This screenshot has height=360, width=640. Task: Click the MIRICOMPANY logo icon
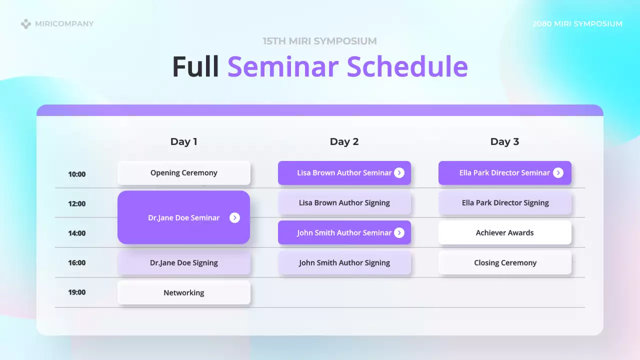click(x=26, y=23)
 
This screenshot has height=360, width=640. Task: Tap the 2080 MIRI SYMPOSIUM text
click(x=577, y=23)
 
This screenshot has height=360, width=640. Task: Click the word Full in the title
click(x=195, y=66)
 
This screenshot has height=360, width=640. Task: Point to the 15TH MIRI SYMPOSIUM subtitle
click(x=319, y=41)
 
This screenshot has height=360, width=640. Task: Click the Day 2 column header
click(x=344, y=141)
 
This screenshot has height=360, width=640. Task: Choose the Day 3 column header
click(x=504, y=141)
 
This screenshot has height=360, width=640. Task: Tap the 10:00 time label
click(x=77, y=174)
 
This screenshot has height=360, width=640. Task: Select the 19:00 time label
click(x=77, y=292)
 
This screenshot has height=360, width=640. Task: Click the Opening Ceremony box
click(x=183, y=173)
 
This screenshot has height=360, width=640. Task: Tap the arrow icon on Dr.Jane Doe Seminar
click(x=234, y=217)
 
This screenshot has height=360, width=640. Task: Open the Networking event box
click(x=183, y=292)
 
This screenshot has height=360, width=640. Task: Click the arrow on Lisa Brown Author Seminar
click(x=399, y=173)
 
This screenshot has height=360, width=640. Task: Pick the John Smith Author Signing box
click(x=344, y=263)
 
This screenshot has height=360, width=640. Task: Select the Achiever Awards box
click(x=504, y=233)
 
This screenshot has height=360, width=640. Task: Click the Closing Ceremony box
click(x=504, y=263)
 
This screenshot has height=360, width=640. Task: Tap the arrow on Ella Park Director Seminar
click(x=558, y=173)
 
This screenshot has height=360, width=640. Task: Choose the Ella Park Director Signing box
click(x=504, y=203)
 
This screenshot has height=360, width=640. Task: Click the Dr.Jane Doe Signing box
click(x=183, y=263)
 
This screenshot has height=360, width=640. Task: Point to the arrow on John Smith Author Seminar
click(x=399, y=233)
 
